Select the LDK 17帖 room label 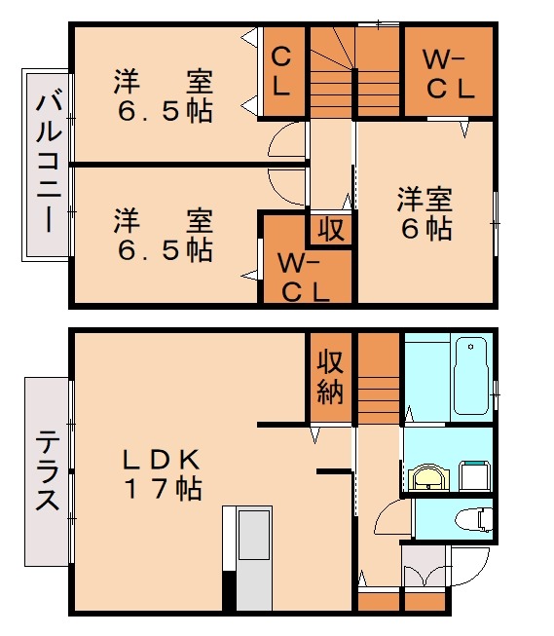(162, 473)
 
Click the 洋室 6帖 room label (425, 215)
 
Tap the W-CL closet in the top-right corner (448, 74)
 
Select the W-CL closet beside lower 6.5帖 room (303, 278)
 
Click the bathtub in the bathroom (472, 377)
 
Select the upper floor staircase (354, 73)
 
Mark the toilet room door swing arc (395, 517)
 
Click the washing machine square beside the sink (474, 475)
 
